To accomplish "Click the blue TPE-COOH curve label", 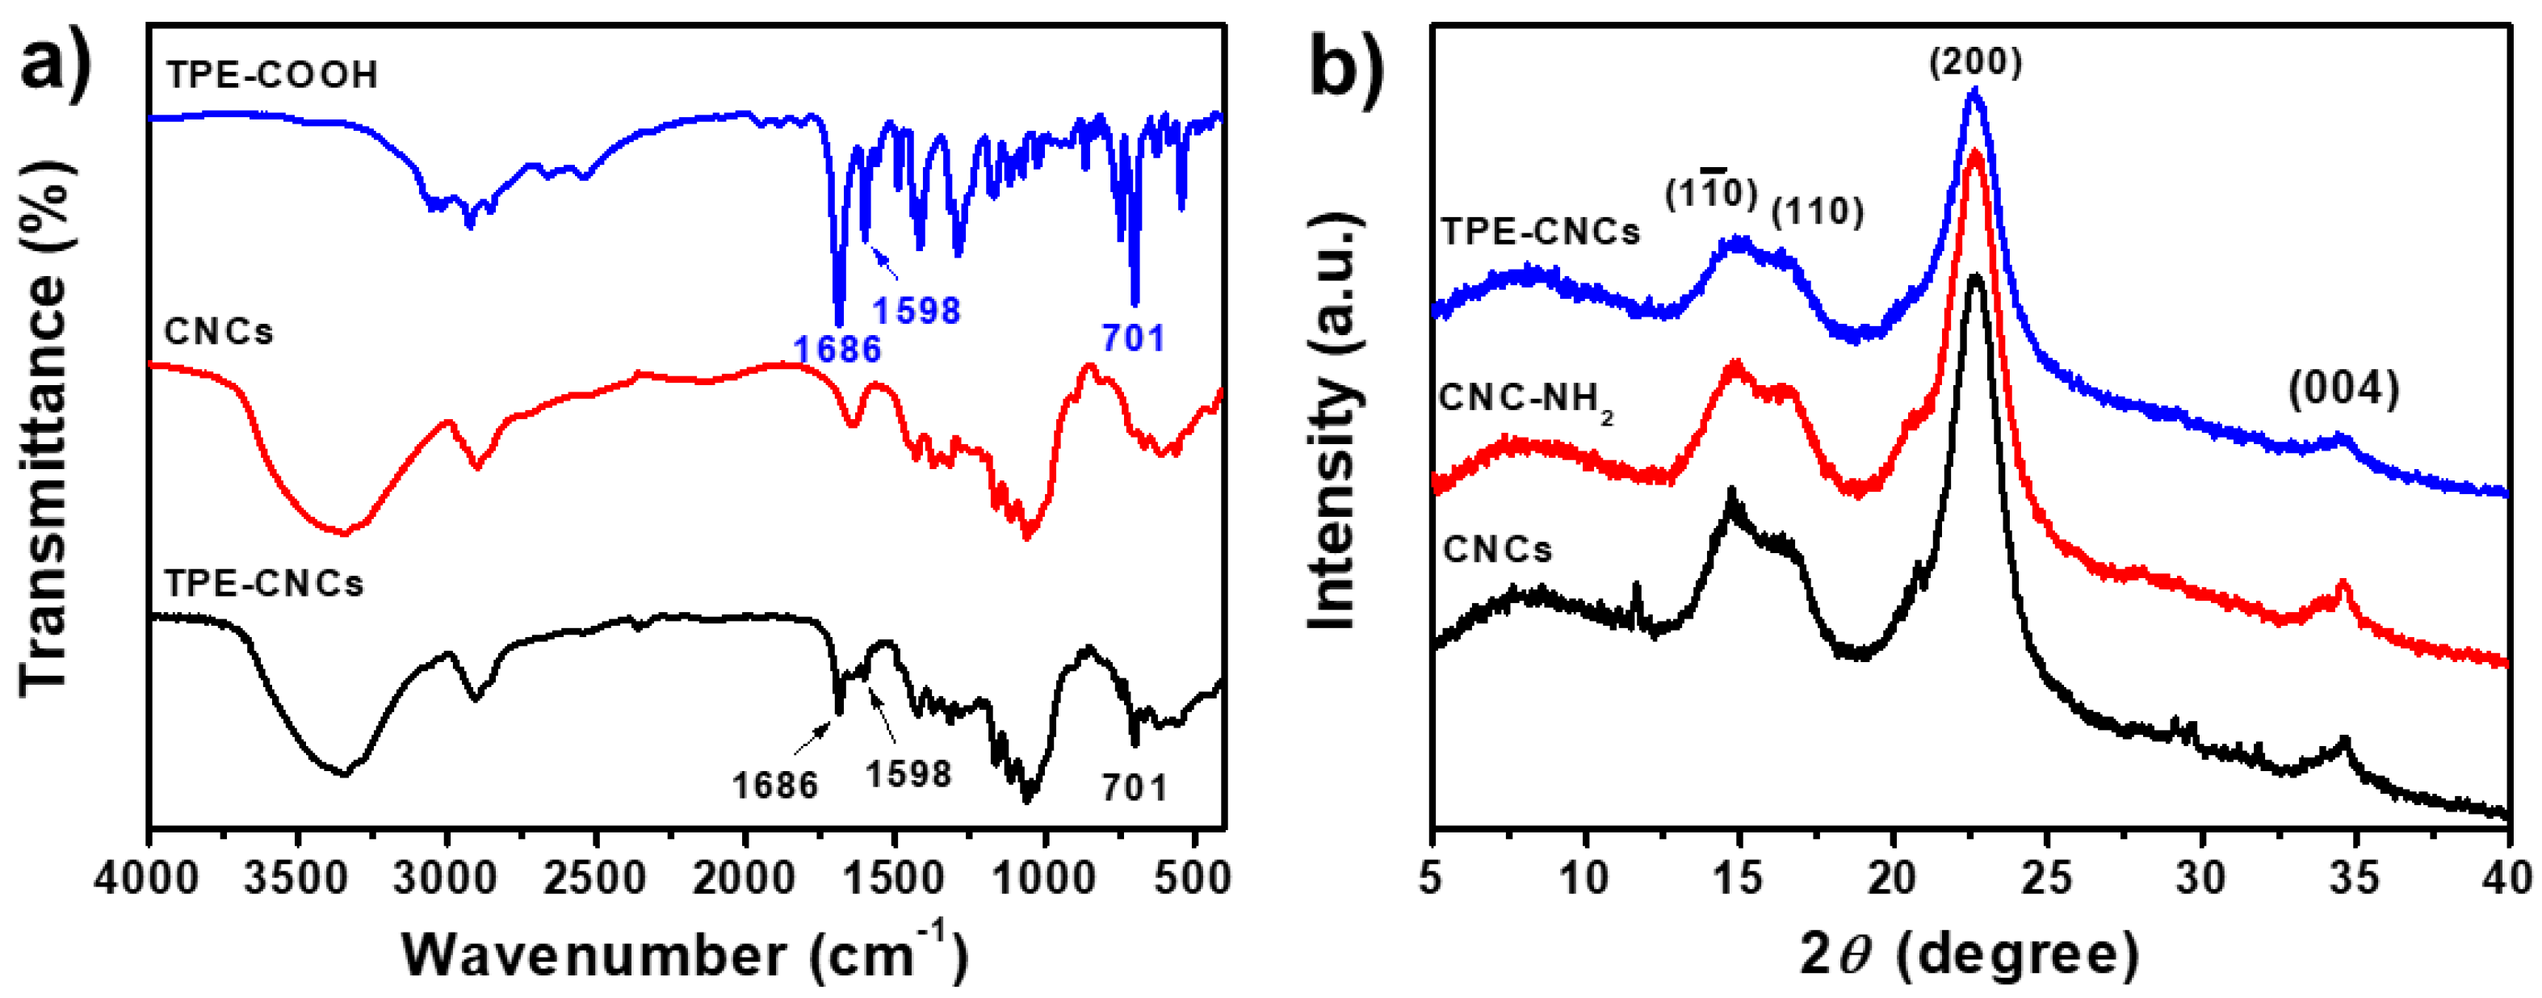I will [x=271, y=75].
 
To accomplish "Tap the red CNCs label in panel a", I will [x=219, y=332].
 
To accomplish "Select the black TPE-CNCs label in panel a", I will [x=263, y=584].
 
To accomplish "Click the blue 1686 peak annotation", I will [x=837, y=349].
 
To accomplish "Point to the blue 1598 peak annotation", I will [x=916, y=311].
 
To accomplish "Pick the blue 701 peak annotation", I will [x=1134, y=338].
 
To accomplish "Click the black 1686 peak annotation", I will [x=774, y=786].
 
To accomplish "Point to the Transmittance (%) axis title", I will [x=44, y=430].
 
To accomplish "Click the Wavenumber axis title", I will [x=684, y=954].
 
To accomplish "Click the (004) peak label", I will [x=2343, y=390].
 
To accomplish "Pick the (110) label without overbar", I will [x=1818, y=212].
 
